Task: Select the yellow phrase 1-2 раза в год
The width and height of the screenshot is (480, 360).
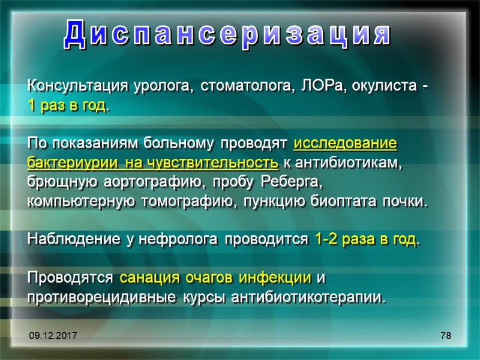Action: click(365, 240)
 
